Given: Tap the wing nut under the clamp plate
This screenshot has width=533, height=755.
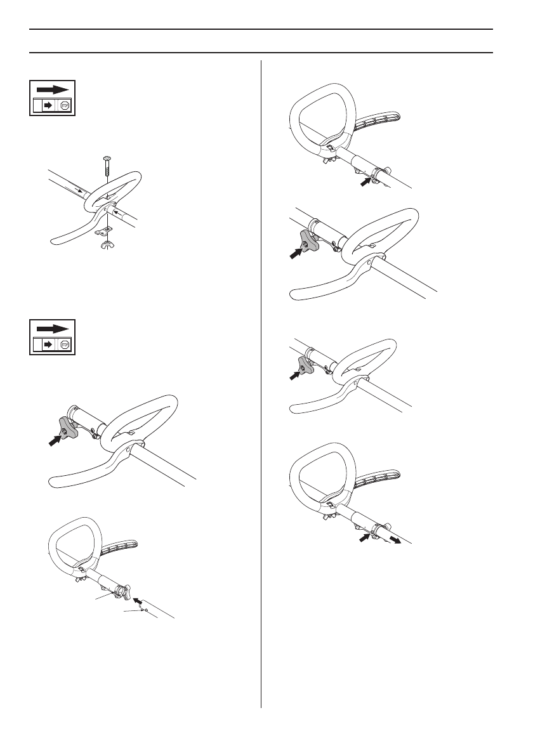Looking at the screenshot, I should click(105, 243).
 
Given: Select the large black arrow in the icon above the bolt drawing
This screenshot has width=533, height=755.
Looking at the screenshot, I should click(52, 90).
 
